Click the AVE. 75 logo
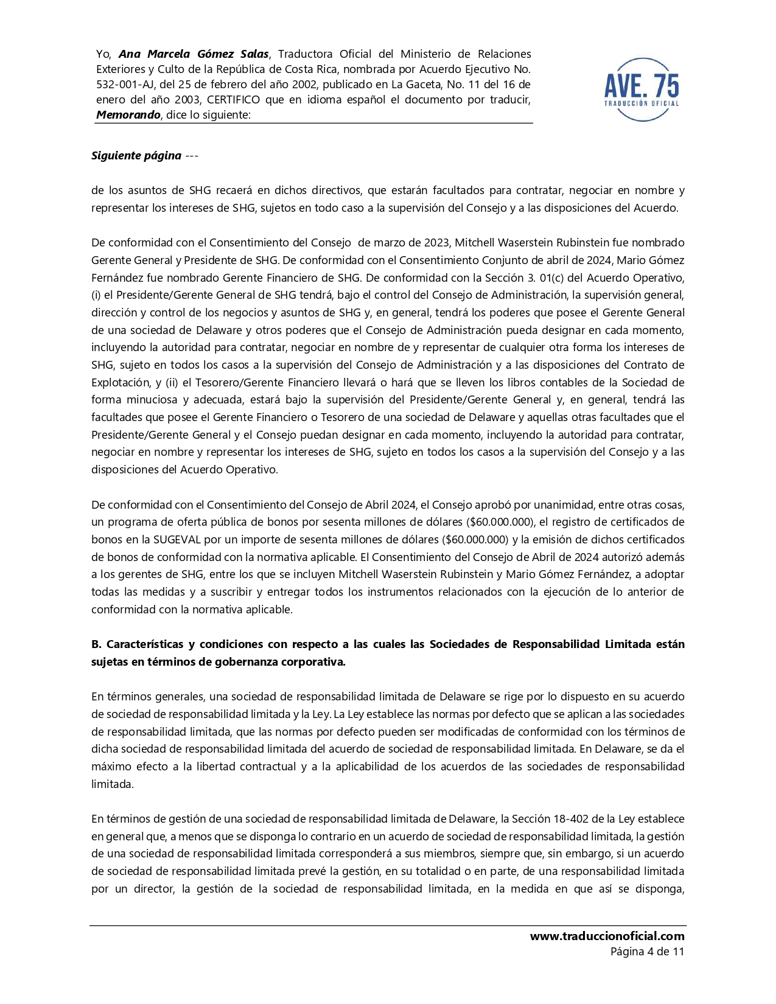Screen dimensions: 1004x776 pyautogui.click(x=641, y=89)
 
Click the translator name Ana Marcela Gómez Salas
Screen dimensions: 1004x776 pyautogui.click(x=194, y=54)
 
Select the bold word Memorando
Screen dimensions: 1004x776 pyautogui.click(x=128, y=115)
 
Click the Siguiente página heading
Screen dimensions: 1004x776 pyautogui.click(x=136, y=156)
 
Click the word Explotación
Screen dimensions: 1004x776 pyautogui.click(x=120, y=383)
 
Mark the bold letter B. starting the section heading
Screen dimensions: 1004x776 pyautogui.click(x=96, y=644)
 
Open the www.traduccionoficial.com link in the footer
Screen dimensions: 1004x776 pyautogui.click(x=607, y=936)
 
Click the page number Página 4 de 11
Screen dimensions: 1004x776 pyautogui.click(x=647, y=952)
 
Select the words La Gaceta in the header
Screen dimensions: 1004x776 pyautogui.click(x=413, y=85)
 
